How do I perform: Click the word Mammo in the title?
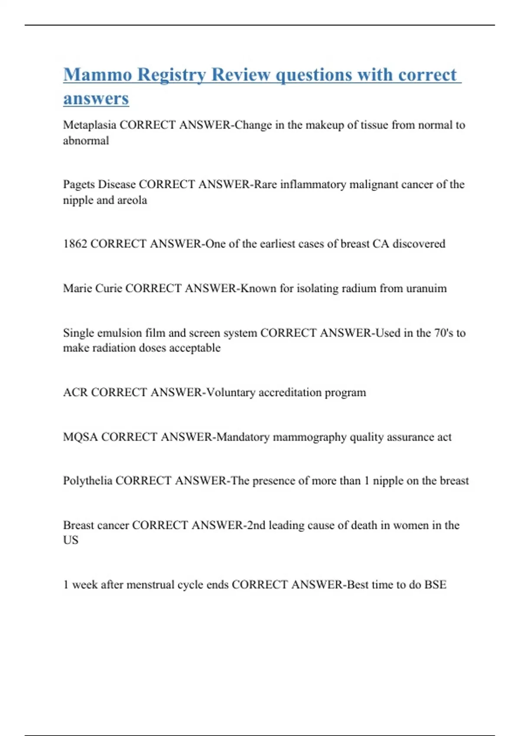97,74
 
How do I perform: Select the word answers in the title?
96,98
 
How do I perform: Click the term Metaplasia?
89,125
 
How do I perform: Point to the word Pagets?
79,185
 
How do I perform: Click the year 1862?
75,244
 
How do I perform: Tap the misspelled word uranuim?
426,288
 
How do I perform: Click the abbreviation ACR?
75,392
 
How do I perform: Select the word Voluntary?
231,392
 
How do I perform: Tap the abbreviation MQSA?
81,437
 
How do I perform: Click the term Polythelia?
88,481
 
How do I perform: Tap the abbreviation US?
71,540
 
